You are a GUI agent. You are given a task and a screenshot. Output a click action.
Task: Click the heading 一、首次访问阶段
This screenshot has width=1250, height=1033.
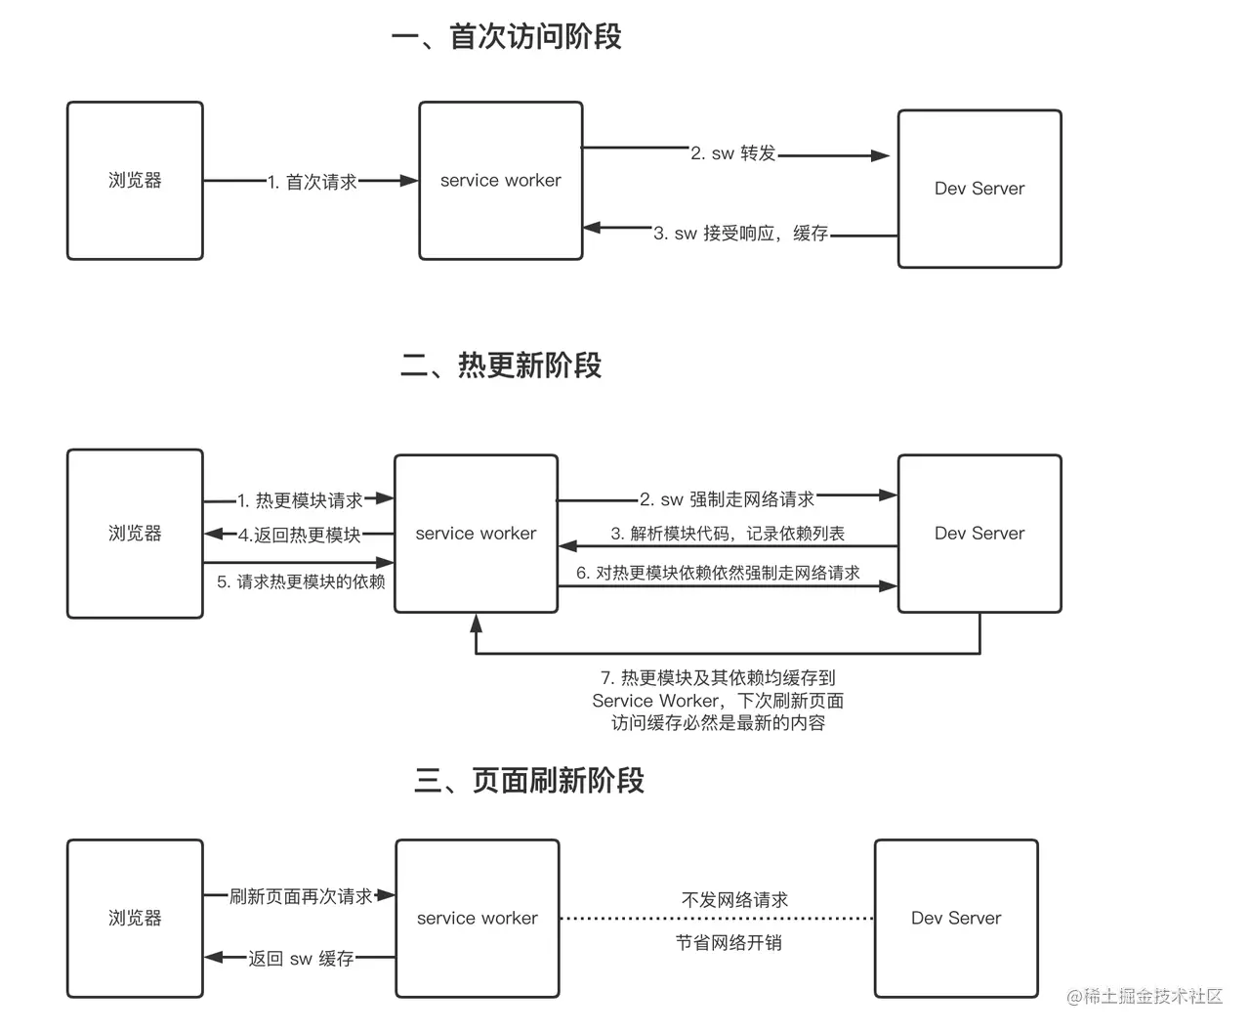click(x=507, y=36)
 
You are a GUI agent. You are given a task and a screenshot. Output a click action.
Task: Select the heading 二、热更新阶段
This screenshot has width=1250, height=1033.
click(x=500, y=365)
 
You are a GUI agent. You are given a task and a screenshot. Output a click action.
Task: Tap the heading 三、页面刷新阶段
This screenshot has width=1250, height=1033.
click(x=529, y=780)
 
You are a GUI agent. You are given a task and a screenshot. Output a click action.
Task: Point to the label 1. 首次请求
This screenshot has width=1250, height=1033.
click(x=312, y=182)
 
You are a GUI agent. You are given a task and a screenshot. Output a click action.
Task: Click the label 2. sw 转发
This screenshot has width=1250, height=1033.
click(x=732, y=152)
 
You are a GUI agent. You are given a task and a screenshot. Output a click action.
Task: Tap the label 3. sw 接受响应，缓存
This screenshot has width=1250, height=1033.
click(x=740, y=233)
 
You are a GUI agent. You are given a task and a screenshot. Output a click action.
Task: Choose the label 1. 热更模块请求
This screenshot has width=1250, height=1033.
click(x=300, y=500)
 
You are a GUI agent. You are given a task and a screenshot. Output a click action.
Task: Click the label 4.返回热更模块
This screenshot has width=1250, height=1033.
click(x=300, y=535)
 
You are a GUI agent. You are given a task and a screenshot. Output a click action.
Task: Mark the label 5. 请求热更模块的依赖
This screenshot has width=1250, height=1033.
click(x=301, y=581)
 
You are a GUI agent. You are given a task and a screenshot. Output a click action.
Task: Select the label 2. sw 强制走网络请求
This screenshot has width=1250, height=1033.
click(x=727, y=499)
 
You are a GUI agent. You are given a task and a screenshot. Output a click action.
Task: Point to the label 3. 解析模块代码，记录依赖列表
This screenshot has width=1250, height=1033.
click(x=728, y=534)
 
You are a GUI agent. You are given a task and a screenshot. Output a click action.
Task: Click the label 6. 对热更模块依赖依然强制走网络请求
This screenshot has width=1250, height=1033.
click(x=718, y=573)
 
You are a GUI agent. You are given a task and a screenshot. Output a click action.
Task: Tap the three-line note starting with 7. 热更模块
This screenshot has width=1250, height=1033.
click(x=718, y=700)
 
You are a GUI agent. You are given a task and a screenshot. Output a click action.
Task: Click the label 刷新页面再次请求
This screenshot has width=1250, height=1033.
click(x=301, y=896)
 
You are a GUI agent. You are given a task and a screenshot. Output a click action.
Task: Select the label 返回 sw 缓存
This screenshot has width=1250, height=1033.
click(x=301, y=958)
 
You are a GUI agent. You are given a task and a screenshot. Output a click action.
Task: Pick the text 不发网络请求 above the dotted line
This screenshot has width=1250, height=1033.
click(x=734, y=899)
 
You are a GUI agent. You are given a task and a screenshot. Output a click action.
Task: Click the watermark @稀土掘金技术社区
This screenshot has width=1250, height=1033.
click(x=1144, y=996)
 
